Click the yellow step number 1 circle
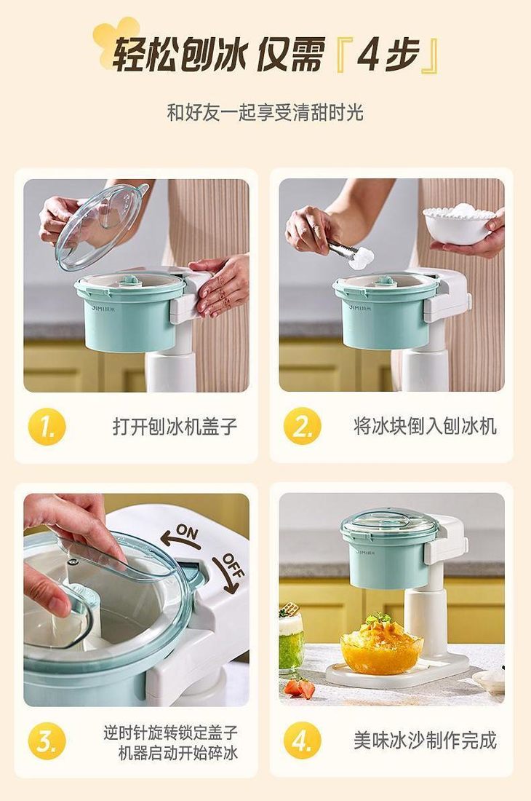tap(47, 426)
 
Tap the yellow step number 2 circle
tap(303, 426)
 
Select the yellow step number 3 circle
tap(47, 741)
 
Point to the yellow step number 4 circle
tap(303, 741)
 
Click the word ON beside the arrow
tap(187, 532)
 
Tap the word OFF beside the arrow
tap(234, 565)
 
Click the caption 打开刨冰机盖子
tap(175, 426)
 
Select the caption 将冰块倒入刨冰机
tap(425, 426)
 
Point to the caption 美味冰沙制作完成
tap(425, 741)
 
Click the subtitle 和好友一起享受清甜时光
tap(265, 112)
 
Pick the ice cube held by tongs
tap(361, 259)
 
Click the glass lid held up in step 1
tap(102, 226)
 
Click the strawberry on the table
tap(300, 687)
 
